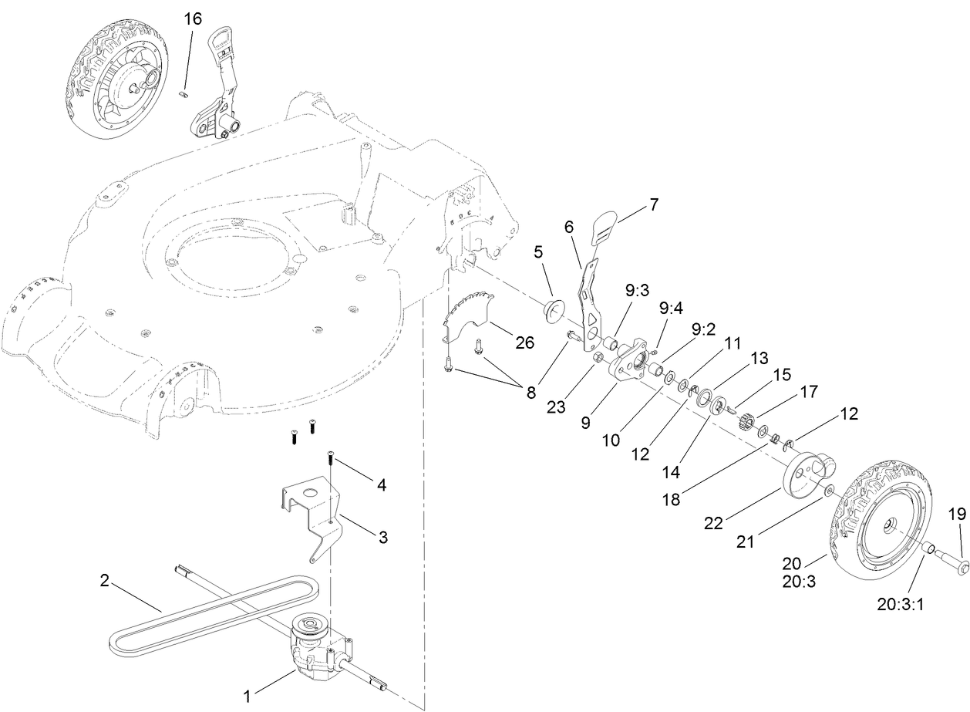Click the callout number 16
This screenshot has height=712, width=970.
tap(193, 19)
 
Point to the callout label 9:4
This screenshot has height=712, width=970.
tap(671, 308)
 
